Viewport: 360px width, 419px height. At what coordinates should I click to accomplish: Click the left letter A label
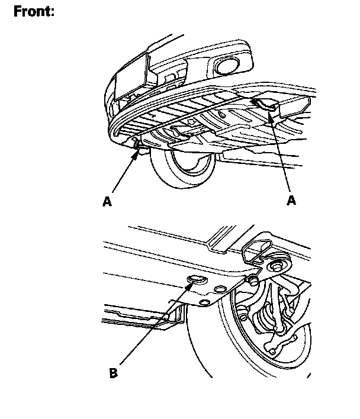pos(107,202)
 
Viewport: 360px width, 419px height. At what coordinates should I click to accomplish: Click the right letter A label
pos(291,201)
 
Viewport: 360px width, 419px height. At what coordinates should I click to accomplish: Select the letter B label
pos(113,373)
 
